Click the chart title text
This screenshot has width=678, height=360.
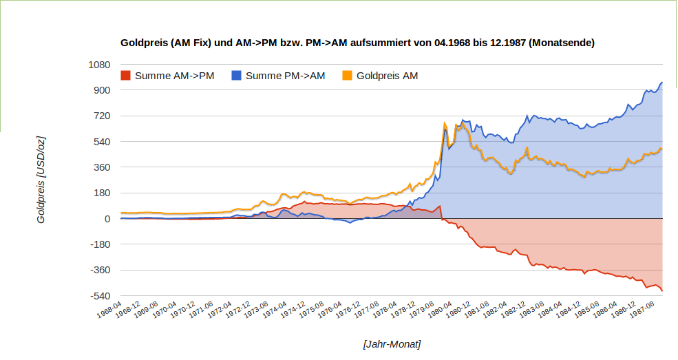coord(357,43)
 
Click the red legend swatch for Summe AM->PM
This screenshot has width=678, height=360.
coord(125,75)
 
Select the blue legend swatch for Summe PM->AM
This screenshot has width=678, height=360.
coord(236,75)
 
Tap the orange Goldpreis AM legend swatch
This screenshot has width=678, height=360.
coord(347,75)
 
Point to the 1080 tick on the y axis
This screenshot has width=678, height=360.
coord(98,65)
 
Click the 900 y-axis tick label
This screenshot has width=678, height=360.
coord(101,90)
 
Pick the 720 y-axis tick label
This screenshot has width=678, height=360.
coord(101,116)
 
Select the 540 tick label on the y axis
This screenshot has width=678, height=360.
coord(101,142)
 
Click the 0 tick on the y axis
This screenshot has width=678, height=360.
coord(107,219)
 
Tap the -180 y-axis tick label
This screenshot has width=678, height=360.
coord(99,244)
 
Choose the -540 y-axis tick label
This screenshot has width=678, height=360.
coord(99,296)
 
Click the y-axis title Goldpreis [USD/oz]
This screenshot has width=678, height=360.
coord(41,180)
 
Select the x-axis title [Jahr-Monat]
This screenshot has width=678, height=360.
coord(392,343)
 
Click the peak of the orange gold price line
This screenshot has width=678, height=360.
coord(445,123)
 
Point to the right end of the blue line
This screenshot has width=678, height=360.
coord(662,83)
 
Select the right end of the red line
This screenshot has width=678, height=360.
coord(662,291)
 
